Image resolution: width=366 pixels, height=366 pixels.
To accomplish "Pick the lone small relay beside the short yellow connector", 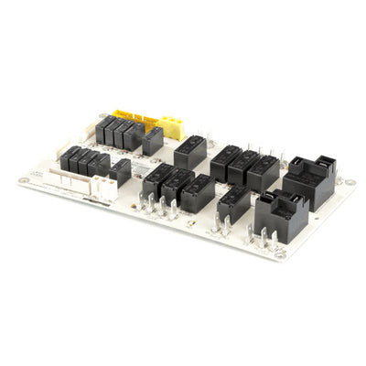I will click(x=153, y=140).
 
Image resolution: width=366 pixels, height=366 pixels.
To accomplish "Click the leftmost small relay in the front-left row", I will click(x=68, y=159).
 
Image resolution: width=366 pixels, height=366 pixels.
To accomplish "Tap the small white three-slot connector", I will click(x=106, y=188).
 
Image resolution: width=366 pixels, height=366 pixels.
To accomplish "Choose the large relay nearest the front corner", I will click(x=278, y=214).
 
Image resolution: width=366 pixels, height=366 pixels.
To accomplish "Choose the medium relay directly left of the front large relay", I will click(x=233, y=203).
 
